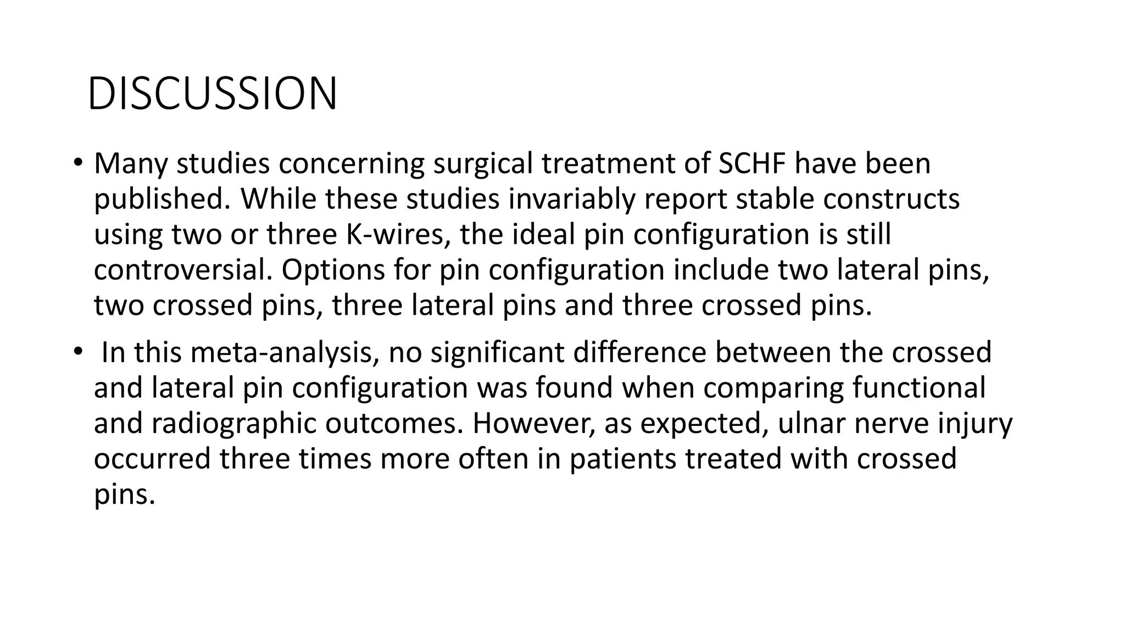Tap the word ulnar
811,423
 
